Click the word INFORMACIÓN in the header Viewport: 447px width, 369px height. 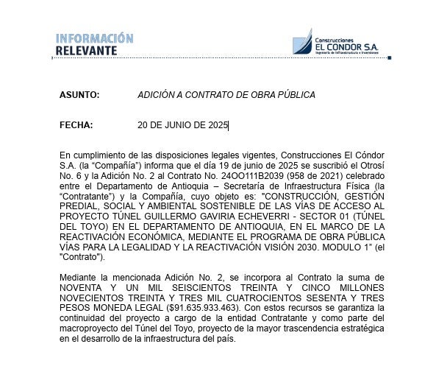click(x=95, y=38)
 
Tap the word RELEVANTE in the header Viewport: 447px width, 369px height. click(x=86, y=51)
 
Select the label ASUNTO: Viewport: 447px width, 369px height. click(x=79, y=95)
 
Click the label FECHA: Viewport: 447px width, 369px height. click(x=76, y=125)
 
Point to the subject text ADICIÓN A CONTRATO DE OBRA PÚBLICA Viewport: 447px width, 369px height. click(x=226, y=95)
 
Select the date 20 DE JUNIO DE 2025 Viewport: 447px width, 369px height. click(x=183, y=125)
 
